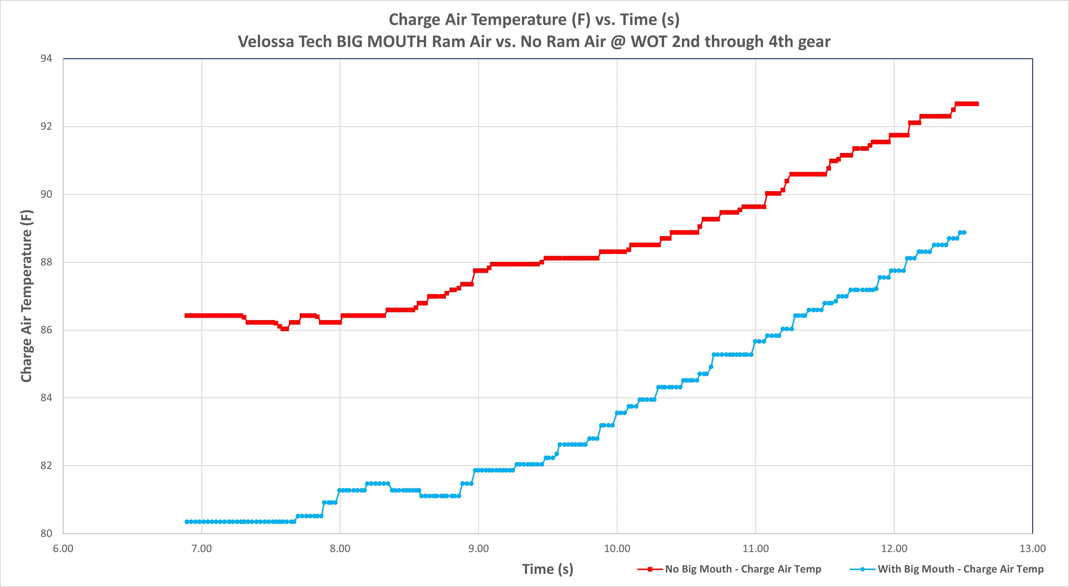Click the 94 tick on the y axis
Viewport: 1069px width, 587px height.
coord(46,59)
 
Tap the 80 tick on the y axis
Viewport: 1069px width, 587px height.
coord(46,534)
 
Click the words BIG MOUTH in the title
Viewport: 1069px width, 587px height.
coord(381,42)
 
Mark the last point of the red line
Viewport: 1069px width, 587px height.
coord(977,104)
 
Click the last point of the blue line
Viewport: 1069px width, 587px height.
coord(964,232)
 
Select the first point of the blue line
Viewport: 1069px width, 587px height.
coord(187,521)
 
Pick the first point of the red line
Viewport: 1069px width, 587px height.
coord(187,316)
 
